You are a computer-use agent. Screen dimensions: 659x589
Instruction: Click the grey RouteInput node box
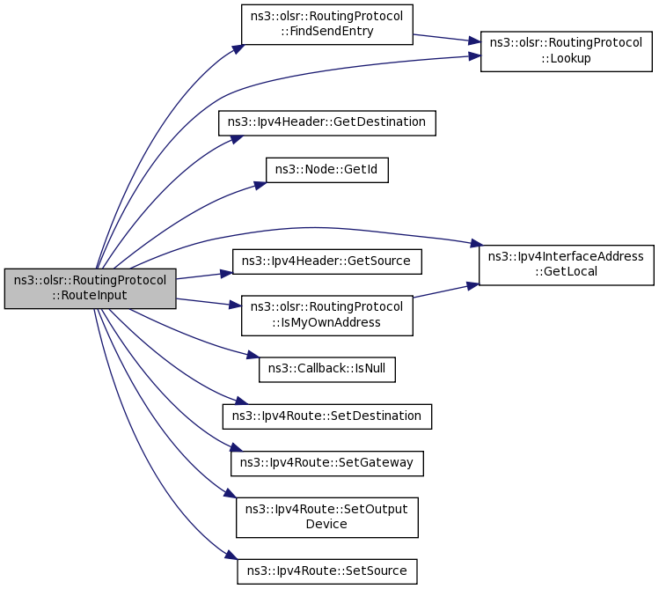tap(90, 289)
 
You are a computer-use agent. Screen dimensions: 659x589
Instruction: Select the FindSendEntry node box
tap(327, 25)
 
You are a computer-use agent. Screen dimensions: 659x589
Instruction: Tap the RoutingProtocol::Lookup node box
tap(566, 51)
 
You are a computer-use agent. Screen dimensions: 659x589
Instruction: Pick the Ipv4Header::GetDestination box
tap(327, 122)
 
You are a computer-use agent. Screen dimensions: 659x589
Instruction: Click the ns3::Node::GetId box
tap(327, 170)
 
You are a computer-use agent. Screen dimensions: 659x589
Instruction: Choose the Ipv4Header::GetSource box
tap(327, 261)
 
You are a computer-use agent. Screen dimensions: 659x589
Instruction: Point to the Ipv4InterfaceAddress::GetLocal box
tap(566, 265)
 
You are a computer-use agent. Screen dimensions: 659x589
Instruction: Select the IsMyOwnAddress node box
tap(327, 315)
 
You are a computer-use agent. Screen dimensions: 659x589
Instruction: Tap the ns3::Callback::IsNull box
tap(327, 370)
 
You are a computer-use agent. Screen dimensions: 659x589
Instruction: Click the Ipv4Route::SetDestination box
tap(327, 416)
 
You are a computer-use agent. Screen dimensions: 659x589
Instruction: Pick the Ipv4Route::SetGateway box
tap(327, 464)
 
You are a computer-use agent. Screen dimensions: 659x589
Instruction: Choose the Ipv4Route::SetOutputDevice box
tap(327, 518)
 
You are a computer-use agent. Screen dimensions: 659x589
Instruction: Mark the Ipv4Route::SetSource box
tap(327, 571)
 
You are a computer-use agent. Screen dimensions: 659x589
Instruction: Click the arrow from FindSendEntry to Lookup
tap(447, 38)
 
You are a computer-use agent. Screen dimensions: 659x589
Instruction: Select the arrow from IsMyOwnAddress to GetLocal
tap(446, 291)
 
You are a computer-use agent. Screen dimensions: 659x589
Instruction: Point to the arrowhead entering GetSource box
tap(227, 274)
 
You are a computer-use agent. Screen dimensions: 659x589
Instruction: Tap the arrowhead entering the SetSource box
tap(231, 556)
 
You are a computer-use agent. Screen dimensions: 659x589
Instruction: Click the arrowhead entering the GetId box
tap(260, 185)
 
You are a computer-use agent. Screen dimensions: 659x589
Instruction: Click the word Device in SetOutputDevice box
tap(326, 524)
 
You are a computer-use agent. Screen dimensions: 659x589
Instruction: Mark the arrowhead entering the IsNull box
tap(253, 356)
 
